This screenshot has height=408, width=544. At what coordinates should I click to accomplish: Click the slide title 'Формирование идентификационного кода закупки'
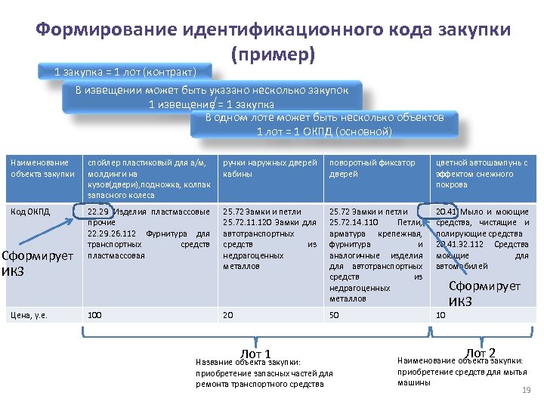(273, 29)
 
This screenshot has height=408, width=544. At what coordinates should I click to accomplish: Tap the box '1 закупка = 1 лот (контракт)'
(125, 72)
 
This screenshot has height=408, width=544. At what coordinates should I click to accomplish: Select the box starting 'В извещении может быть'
(212, 96)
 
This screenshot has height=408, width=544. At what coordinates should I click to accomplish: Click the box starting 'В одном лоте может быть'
(325, 124)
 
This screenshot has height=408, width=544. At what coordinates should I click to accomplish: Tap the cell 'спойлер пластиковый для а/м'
(148, 179)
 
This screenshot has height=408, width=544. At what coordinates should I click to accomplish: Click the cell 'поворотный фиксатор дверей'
(372, 168)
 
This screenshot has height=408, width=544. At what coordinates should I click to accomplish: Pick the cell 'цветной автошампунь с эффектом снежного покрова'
(480, 173)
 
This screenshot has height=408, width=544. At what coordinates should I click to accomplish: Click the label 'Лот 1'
(255, 354)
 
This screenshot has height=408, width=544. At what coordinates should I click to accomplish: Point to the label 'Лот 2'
(481, 353)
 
